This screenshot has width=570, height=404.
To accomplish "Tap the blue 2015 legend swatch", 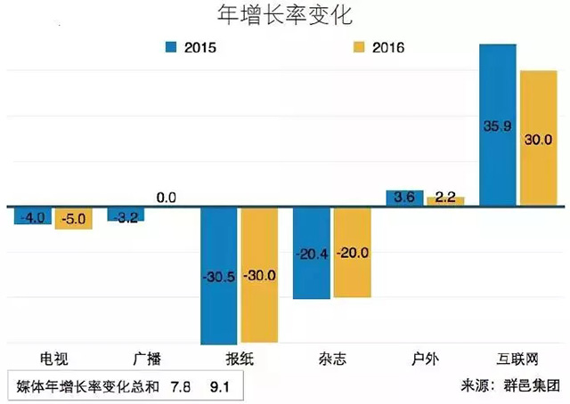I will (170, 46).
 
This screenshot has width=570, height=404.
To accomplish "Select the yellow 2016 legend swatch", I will (357, 46).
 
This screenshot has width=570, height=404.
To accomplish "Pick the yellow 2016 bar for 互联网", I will (537, 138).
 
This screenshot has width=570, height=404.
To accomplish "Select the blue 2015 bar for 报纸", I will (217, 275).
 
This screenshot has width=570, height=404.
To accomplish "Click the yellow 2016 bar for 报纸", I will (258, 275).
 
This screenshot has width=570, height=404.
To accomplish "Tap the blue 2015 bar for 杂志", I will (311, 253).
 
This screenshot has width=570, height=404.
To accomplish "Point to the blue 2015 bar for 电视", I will (33, 215).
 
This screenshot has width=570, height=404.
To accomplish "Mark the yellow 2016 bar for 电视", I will (73, 218).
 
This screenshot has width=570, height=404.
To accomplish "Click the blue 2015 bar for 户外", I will (403, 198).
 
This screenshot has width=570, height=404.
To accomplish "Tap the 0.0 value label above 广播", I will (167, 198).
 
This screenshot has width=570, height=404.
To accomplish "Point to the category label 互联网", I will (517, 360).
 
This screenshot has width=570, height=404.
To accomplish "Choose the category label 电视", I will (53, 360).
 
